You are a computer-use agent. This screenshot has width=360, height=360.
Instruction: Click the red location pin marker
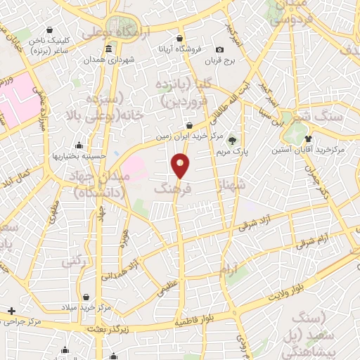coord(181,166)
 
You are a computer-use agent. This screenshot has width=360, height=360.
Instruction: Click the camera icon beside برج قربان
coord(219,50)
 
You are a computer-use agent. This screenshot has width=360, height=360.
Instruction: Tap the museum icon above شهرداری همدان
coord(108,49)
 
